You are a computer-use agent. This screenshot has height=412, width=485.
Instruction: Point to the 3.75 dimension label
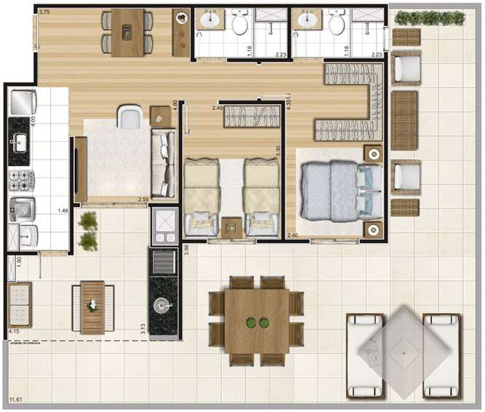point(44,12)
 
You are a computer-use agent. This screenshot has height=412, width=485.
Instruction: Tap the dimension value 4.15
point(14,332)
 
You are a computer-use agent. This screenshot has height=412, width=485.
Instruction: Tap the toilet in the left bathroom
point(239,25)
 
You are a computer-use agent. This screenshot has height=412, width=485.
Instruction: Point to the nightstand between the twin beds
point(232,227)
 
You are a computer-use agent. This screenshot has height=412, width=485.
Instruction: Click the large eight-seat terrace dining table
point(256,321)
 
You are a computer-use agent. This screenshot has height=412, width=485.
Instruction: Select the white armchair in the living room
point(131,116)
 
